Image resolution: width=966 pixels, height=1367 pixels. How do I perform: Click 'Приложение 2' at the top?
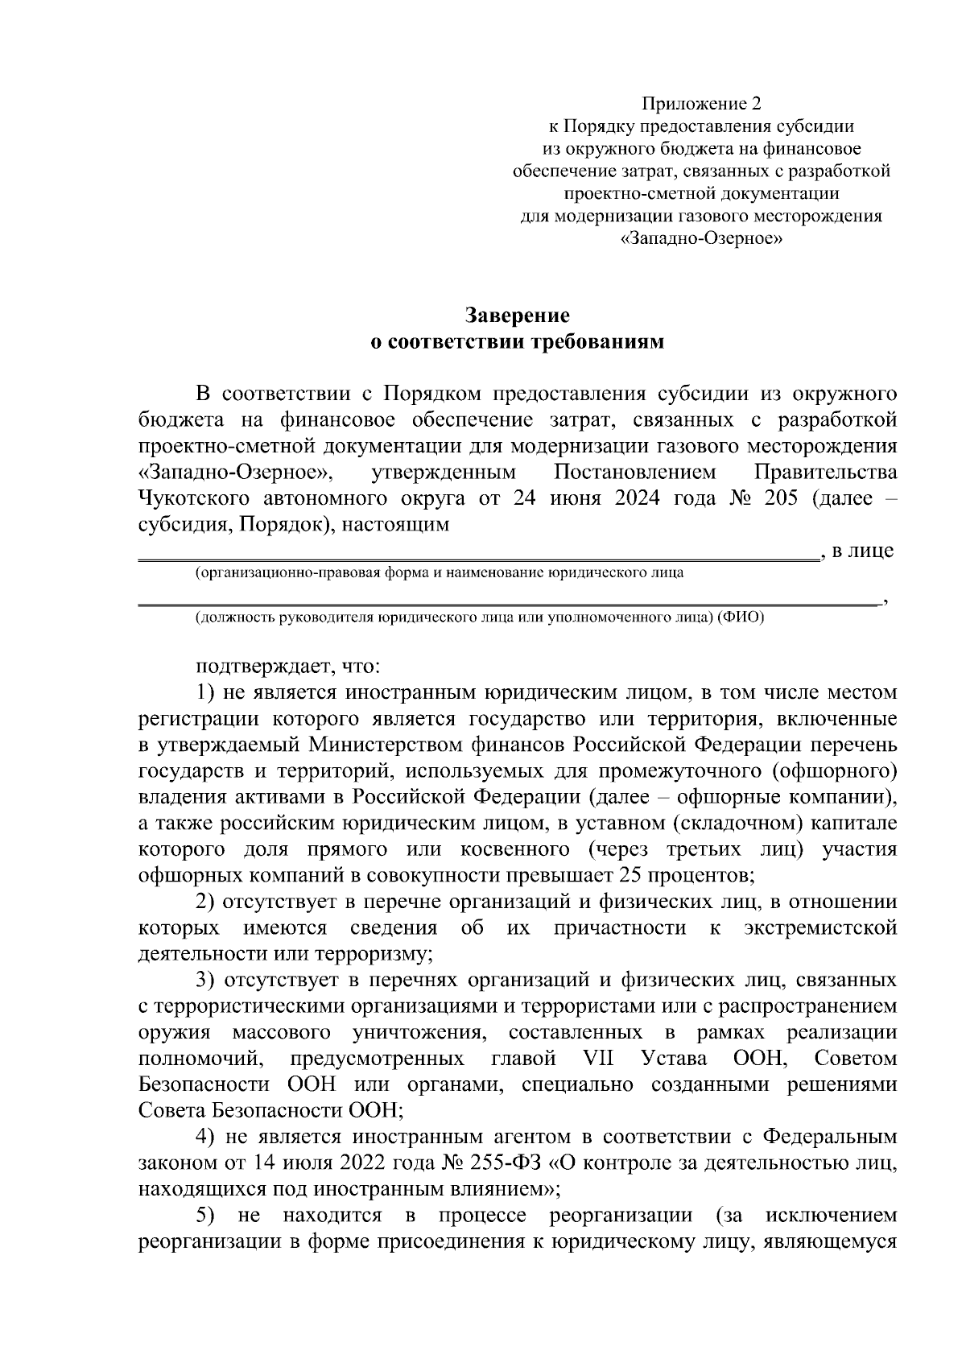tap(700, 103)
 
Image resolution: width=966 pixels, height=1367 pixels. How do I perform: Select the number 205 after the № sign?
tap(779, 498)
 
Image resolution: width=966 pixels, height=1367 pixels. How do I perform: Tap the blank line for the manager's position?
tap(507, 601)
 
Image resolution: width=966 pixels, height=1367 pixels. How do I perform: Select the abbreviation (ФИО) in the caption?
tap(741, 617)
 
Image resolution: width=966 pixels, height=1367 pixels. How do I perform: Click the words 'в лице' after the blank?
tap(861, 551)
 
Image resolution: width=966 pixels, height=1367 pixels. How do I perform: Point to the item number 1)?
tap(205, 693)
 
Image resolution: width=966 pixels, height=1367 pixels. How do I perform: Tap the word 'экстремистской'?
tap(820, 927)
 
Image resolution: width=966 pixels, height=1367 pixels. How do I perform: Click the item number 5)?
tap(205, 1215)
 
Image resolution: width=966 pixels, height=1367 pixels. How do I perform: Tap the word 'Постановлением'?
tap(634, 472)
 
